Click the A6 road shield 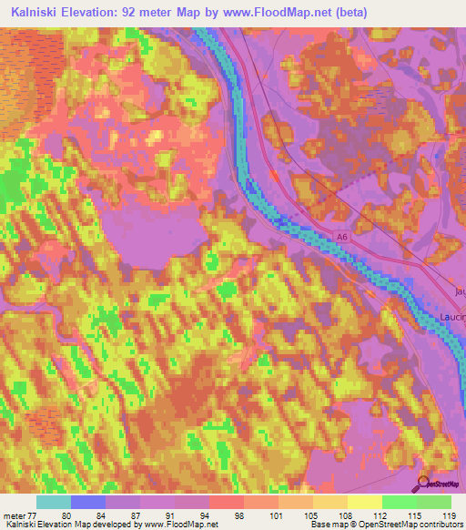[342, 237]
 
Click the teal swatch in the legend [54, 501]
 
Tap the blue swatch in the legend [89, 501]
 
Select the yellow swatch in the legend [364, 501]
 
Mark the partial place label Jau [458, 291]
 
